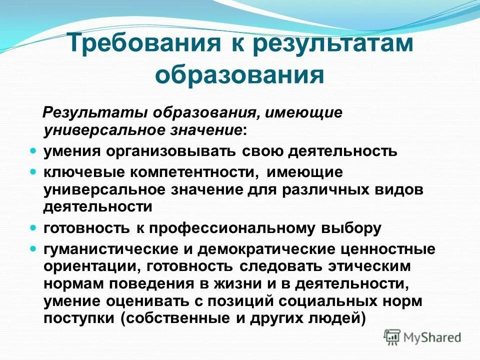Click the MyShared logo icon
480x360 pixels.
coord(393,336)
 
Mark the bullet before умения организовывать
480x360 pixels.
coord(33,149)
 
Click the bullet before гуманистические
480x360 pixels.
coord(33,247)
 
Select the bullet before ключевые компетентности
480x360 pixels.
coord(33,171)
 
